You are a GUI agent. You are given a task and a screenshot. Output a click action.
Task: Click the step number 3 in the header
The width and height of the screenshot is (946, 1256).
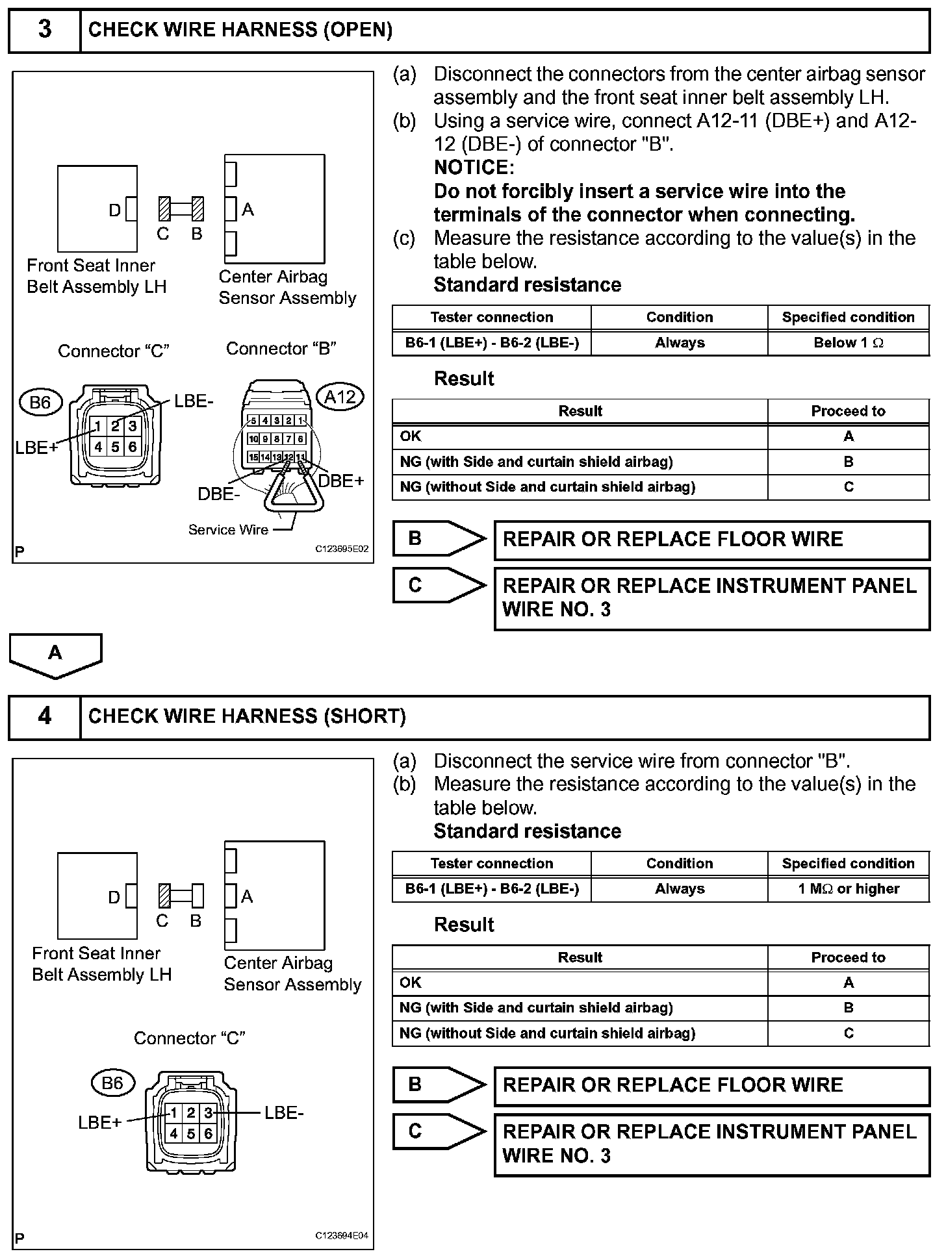pos(44,30)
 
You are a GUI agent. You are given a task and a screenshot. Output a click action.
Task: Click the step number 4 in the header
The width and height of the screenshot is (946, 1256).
pos(44,716)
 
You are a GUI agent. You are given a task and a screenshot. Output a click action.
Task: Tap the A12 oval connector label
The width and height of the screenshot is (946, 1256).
pos(340,396)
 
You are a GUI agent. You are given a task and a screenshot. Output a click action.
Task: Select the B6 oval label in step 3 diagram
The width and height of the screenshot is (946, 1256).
pos(40,402)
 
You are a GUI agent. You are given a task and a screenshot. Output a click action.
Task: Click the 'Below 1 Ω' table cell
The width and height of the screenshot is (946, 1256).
pos(848,343)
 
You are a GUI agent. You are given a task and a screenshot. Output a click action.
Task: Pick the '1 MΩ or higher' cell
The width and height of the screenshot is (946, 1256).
pos(848,889)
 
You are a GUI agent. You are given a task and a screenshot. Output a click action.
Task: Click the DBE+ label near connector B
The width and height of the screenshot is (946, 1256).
pos(341,481)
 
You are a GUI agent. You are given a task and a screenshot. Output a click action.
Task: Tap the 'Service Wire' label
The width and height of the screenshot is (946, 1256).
pos(228,530)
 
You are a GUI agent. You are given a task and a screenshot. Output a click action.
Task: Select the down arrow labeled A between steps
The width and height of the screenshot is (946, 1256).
pos(55,654)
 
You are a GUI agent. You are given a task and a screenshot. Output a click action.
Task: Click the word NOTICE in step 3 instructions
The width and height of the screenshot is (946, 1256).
pos(474,168)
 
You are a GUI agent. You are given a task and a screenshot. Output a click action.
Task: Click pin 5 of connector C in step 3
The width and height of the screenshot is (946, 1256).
pos(115,447)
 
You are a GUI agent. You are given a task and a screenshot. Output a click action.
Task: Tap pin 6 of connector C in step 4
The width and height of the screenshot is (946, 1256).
pos(208,1134)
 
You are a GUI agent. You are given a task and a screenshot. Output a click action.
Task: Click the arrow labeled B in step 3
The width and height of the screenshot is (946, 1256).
pos(439,538)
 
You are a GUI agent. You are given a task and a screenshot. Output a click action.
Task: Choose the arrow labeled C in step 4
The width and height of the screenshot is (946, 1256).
pos(439,1131)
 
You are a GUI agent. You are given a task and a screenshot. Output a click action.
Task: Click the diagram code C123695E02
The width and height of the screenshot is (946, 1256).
pos(342,549)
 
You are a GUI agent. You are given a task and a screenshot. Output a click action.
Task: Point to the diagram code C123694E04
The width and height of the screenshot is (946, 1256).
pos(342,1235)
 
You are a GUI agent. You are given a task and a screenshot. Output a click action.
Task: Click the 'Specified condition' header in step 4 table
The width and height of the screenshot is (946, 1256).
pos(848,864)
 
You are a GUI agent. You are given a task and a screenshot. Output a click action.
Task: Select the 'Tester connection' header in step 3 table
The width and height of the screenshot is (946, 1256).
pos(491,318)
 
